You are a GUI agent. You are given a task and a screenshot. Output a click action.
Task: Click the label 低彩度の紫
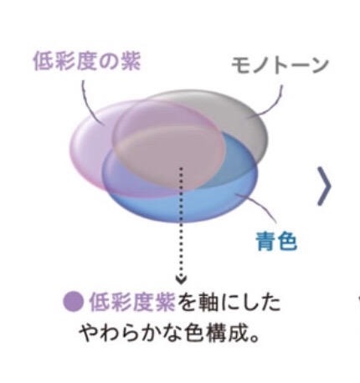(87, 62)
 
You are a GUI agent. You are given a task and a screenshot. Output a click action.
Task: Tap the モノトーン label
(280, 65)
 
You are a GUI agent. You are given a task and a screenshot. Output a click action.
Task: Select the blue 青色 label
(276, 242)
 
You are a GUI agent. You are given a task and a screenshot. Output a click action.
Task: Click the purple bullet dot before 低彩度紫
(74, 303)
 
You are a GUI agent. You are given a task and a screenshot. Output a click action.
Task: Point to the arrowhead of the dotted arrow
(181, 279)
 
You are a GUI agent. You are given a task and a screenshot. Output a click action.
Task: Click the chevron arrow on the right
(324, 186)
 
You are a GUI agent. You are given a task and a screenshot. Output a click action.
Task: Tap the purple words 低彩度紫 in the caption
(132, 303)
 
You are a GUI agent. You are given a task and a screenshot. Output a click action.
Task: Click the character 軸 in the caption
(208, 303)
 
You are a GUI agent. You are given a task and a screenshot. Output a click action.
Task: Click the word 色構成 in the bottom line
(216, 333)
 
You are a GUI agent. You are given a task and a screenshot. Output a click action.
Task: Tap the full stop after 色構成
(254, 339)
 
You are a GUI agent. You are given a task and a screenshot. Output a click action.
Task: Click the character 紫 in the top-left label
(131, 62)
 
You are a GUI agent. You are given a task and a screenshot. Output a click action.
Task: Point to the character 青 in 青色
(266, 242)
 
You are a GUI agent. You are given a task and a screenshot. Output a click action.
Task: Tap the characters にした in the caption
(250, 303)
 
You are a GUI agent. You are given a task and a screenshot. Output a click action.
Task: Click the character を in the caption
(187, 303)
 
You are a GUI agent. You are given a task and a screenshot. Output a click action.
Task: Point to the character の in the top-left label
(109, 62)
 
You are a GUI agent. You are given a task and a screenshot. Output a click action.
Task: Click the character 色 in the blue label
(287, 242)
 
